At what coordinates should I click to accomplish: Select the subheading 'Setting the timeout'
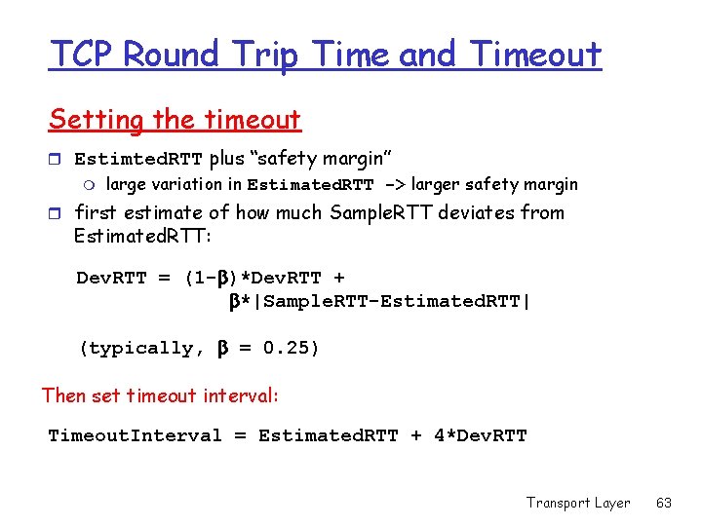point(175,120)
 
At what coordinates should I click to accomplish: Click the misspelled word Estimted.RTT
point(138,159)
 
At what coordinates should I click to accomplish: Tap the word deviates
point(475,212)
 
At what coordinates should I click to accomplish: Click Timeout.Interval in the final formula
point(136,435)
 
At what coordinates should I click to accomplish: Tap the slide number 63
point(664,503)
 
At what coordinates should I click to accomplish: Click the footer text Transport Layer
point(578,503)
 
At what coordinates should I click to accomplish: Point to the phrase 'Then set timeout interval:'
point(160,394)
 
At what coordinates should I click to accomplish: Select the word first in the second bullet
point(95,212)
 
